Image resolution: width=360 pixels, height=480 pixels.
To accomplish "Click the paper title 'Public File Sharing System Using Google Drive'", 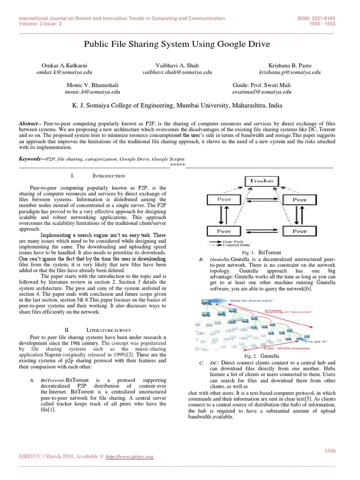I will click(177, 44).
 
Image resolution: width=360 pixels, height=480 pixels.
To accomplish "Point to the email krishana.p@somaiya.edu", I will click(290, 73).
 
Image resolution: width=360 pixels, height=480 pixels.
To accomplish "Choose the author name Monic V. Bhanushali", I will click(92, 85).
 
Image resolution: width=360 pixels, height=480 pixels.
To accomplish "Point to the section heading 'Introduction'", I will click(108, 176).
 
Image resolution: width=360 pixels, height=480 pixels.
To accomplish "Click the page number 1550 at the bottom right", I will click(330, 451).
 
